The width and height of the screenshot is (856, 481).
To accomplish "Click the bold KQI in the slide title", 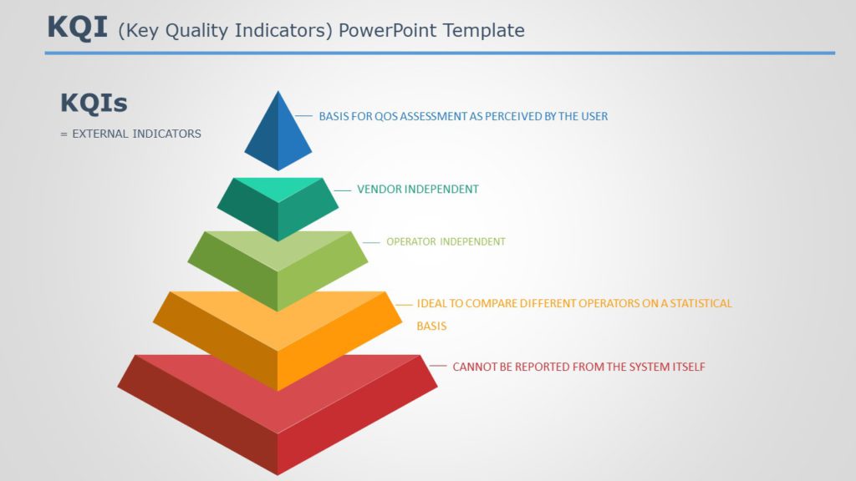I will [77, 28].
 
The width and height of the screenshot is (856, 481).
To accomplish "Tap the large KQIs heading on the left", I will [94, 103].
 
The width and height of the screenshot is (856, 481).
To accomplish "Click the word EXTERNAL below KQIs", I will [100, 134].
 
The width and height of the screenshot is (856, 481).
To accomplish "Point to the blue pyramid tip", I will [278, 134].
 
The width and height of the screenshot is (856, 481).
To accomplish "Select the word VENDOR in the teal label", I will [379, 190].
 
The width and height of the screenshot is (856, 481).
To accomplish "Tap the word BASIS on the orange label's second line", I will [431, 327].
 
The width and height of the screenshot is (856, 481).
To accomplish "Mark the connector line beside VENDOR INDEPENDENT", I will [342, 190].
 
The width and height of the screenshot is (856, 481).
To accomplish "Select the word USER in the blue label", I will [594, 116].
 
